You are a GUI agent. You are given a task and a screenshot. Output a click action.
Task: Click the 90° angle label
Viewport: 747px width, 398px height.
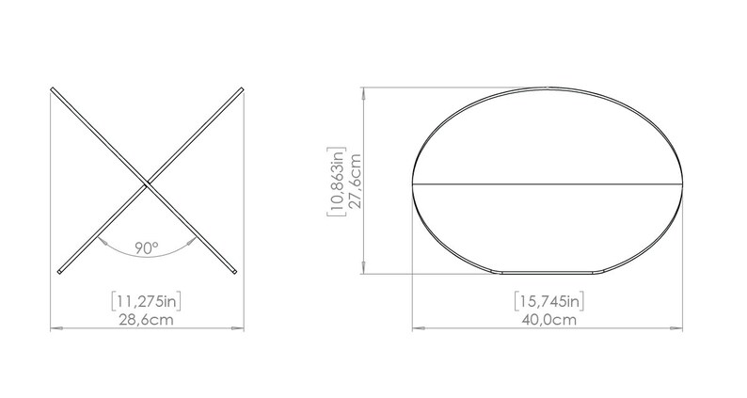point(146,247)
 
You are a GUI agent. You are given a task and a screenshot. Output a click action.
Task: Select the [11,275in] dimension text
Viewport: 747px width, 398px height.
point(146,302)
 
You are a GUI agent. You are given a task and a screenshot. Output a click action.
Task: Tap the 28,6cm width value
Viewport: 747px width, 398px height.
point(146,320)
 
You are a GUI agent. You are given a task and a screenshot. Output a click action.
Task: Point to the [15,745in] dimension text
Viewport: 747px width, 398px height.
point(551,302)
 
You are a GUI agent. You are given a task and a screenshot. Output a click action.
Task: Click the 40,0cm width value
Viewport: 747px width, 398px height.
point(551,320)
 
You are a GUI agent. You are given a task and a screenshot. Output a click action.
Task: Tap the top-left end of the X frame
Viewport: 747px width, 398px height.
point(54,90)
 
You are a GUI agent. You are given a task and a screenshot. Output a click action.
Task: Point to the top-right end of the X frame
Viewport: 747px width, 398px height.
point(241,90)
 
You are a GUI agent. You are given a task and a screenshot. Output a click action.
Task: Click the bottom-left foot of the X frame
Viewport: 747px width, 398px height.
point(59,272)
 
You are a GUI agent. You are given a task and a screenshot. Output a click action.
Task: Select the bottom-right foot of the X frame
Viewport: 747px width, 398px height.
point(235,272)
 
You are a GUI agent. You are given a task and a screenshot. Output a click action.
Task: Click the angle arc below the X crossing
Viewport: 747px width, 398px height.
point(146,257)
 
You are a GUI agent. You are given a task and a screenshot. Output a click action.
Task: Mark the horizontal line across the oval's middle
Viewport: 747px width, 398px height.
point(551,182)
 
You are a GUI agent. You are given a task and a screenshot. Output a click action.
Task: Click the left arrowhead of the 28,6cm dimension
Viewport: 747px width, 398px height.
point(53,328)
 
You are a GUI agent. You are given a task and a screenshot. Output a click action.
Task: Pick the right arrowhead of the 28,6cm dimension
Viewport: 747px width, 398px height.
point(238,328)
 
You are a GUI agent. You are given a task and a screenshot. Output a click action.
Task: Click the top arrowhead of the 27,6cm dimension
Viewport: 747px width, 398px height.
point(364,92)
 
